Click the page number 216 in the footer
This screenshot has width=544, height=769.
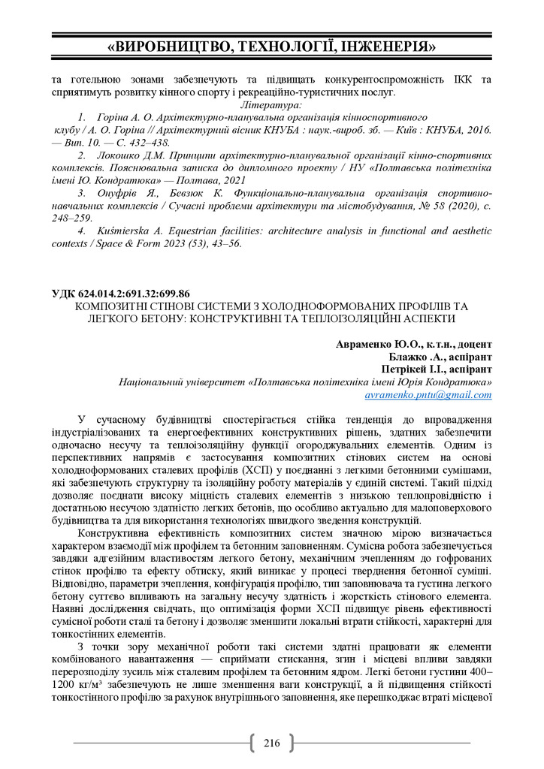pos(271,743)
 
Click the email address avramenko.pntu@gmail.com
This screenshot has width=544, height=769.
pos(428,394)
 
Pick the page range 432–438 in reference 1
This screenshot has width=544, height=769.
pos(149,142)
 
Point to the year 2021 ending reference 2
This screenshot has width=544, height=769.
pos(232,180)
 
